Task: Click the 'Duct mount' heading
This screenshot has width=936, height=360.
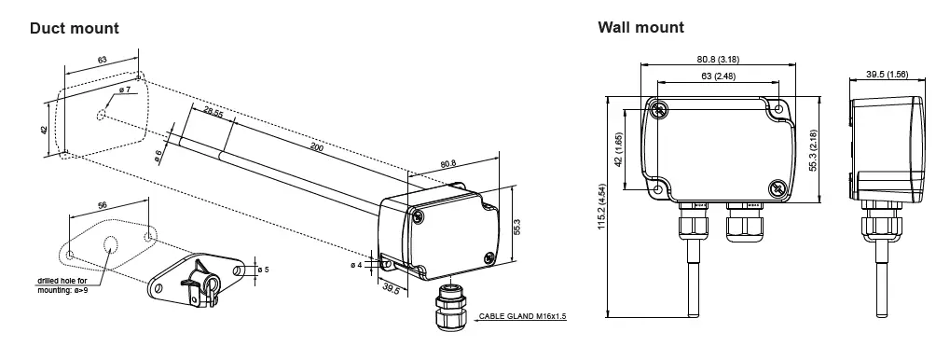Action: (x=74, y=28)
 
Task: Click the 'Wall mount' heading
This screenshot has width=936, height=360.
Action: (x=640, y=27)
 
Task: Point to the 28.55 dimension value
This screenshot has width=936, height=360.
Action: (x=213, y=116)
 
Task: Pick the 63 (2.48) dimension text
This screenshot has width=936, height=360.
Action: (x=717, y=76)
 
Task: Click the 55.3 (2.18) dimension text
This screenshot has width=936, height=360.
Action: (x=813, y=147)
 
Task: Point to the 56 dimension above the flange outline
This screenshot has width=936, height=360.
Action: (x=102, y=204)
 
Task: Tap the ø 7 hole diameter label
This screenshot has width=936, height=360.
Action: (x=125, y=90)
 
